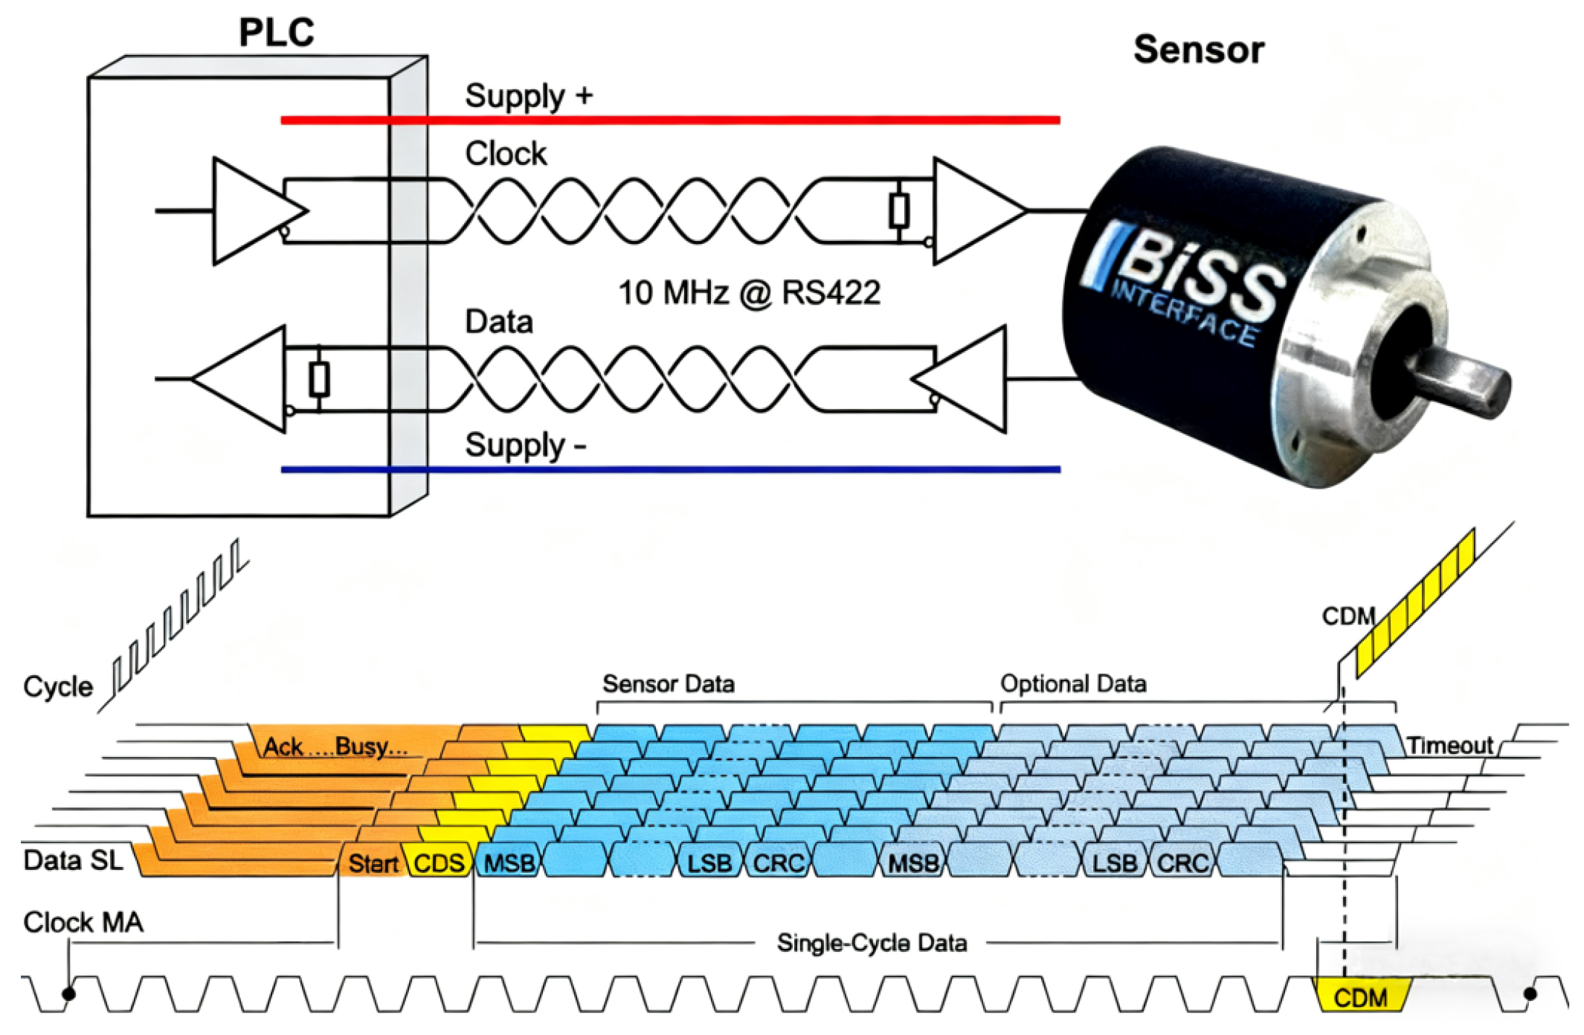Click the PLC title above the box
tap(276, 33)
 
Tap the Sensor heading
tap(1198, 50)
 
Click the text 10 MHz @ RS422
tap(749, 293)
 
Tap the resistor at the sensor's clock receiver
tap(898, 211)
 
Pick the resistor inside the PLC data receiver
tap(319, 379)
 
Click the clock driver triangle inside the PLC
tap(253, 211)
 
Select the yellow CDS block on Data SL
tap(439, 863)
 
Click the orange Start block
tap(373, 863)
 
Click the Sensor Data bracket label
tap(668, 684)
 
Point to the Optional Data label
tap(1073, 684)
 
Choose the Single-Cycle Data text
tap(872, 943)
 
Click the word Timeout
tap(1449, 745)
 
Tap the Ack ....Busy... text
tap(335, 747)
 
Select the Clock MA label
tap(83, 922)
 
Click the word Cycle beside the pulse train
tap(58, 686)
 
